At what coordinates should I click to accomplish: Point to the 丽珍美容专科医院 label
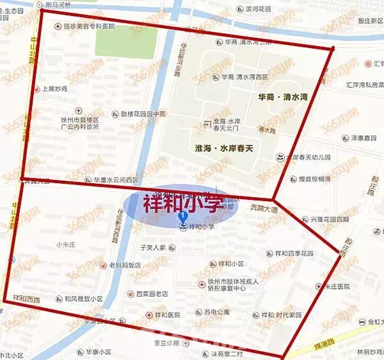tap(89, 26)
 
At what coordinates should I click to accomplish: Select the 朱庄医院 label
tap(339, 286)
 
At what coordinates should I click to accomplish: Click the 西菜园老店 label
tap(151, 294)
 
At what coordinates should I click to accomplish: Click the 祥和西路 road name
tap(27, 299)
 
